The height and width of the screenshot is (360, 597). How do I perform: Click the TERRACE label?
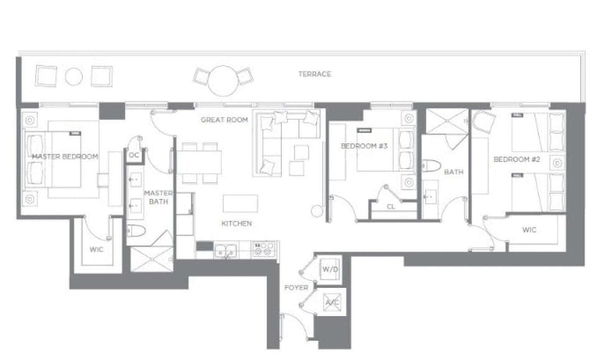click(314, 74)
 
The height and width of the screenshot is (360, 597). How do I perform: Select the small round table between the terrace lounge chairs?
click(74, 76)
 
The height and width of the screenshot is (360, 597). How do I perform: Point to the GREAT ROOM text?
click(224, 119)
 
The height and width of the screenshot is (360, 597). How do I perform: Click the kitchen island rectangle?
click(241, 203)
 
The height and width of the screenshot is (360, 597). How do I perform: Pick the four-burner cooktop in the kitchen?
click(264, 250)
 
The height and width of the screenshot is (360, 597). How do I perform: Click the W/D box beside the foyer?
click(328, 270)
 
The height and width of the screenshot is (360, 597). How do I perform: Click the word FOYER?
click(296, 288)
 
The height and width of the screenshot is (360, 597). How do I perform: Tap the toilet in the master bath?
click(137, 231)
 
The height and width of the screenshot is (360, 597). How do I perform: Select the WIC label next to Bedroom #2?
click(529, 230)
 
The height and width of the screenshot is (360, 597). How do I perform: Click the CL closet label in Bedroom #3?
click(391, 206)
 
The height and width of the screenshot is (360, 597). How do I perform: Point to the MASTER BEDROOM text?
click(65, 157)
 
